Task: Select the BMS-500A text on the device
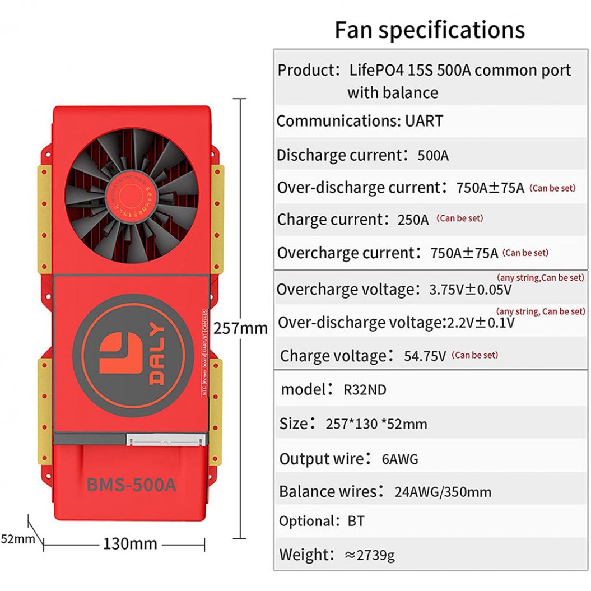pyautogui.click(x=131, y=484)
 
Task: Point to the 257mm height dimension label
pyautogui.click(x=241, y=328)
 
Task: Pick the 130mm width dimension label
pyautogui.click(x=130, y=543)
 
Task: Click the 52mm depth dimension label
pyautogui.click(x=14, y=539)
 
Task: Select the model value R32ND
pyautogui.click(x=365, y=389)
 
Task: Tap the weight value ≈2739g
pyautogui.click(x=370, y=555)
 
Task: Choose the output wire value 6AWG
pyautogui.click(x=400, y=459)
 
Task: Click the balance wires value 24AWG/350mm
pyautogui.click(x=443, y=492)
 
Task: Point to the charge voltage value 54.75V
pyautogui.click(x=425, y=356)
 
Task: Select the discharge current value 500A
pyautogui.click(x=433, y=156)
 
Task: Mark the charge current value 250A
pyautogui.click(x=413, y=220)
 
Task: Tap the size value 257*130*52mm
pyautogui.click(x=376, y=424)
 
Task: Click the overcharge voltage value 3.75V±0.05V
pyautogui.click(x=470, y=290)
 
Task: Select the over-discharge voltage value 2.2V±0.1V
pyautogui.click(x=480, y=323)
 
